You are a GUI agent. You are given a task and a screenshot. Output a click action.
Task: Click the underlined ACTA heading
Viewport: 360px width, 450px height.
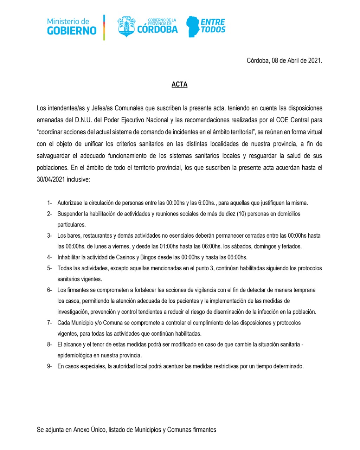[x=179, y=84]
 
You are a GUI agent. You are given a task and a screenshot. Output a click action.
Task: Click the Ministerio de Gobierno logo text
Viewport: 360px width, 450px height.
[x=72, y=27]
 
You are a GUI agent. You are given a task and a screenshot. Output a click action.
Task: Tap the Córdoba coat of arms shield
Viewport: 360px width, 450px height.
[x=126, y=26]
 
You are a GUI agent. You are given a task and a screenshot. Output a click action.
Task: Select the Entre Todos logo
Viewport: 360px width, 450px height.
[x=206, y=26]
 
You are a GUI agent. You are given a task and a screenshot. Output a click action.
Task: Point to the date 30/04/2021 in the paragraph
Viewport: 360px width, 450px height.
[x=51, y=180]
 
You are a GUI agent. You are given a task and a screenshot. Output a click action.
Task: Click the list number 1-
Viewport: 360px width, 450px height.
[x=50, y=203]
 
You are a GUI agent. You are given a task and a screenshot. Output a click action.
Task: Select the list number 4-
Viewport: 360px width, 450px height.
[x=50, y=257]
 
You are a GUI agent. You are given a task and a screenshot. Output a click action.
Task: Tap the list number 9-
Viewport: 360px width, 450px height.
[x=50, y=366]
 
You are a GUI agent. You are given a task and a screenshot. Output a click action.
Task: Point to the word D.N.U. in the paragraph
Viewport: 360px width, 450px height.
[x=83, y=120]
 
